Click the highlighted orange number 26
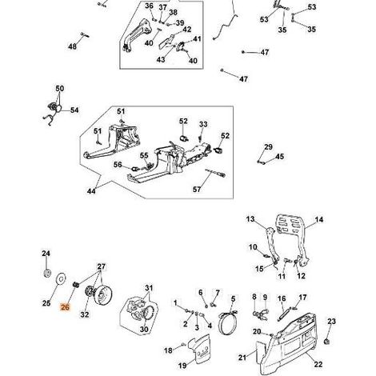pos(65,307)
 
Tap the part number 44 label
pos(91,191)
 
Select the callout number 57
pos(197,190)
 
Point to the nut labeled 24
pos(47,274)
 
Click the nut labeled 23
pos(326,342)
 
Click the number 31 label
pos(149,288)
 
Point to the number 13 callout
pos(250,219)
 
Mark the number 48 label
pos(72,46)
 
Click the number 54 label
pos(74,110)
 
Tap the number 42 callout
pos(186,30)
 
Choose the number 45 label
pos(279,157)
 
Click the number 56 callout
pos(118,165)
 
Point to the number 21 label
pos(242,358)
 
